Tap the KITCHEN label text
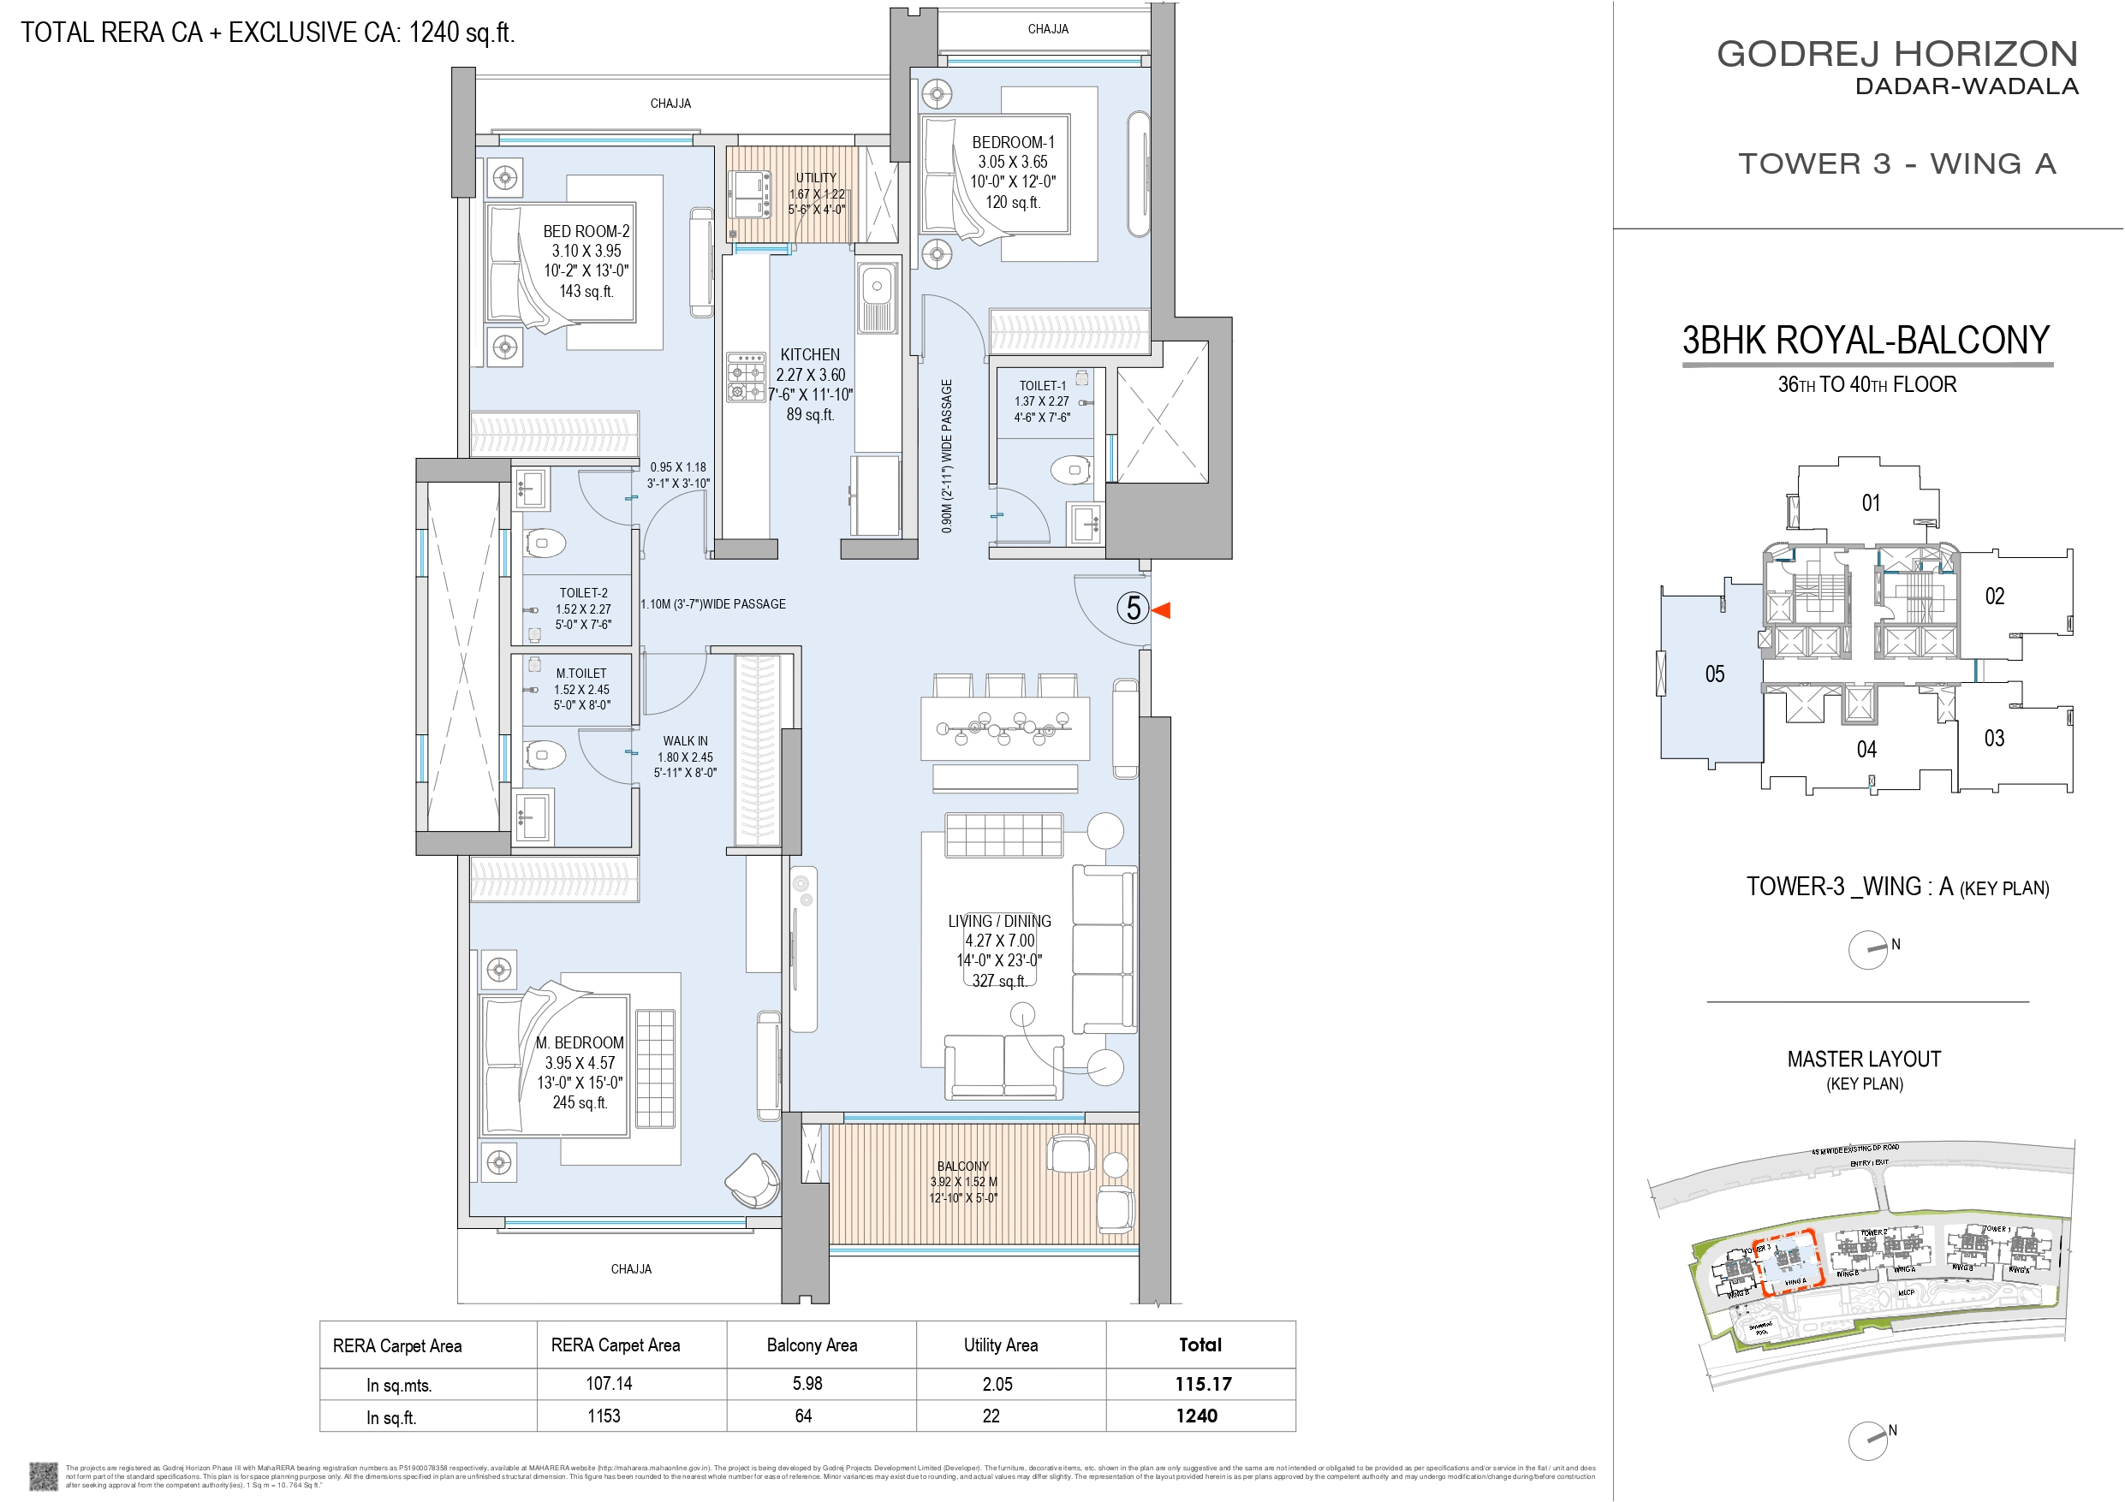810,354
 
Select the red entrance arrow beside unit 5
1162,610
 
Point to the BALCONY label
962,1166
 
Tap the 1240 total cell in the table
1197,1416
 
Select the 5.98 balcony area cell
807,1384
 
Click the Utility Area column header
1001,1345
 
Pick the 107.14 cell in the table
608,1384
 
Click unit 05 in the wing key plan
1714,674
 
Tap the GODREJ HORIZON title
1897,54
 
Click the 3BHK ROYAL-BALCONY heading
1866,341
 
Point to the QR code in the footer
44,1475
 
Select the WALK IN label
685,741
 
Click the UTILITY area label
815,178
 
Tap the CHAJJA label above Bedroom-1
1048,30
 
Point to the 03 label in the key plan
1993,739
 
